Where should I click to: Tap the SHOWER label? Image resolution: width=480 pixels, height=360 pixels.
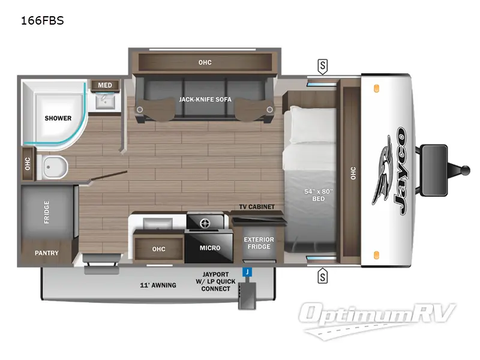[58, 118]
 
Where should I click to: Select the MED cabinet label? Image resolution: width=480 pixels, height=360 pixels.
[105, 85]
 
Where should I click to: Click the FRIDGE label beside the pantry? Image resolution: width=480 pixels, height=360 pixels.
[47, 212]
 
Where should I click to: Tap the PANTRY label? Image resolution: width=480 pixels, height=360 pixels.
[46, 253]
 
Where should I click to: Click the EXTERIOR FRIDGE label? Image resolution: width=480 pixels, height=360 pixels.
[259, 244]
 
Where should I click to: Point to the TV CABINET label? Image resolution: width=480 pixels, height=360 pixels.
[257, 207]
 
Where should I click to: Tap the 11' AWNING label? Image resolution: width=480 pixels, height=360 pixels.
[158, 285]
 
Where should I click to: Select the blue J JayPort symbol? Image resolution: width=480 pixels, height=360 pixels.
[246, 272]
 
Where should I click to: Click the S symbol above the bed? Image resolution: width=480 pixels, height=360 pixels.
[323, 65]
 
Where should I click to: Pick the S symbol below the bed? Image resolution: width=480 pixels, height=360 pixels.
[323, 277]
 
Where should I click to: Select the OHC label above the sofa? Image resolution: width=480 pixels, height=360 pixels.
[205, 62]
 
